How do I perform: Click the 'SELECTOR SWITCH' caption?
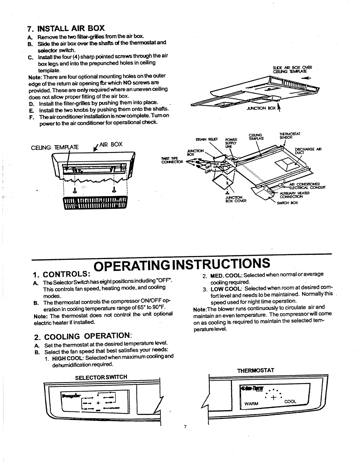click(x=101, y=377)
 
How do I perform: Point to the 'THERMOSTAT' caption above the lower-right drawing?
click(x=256, y=371)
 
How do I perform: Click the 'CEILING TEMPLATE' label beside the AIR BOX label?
click(x=55, y=147)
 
